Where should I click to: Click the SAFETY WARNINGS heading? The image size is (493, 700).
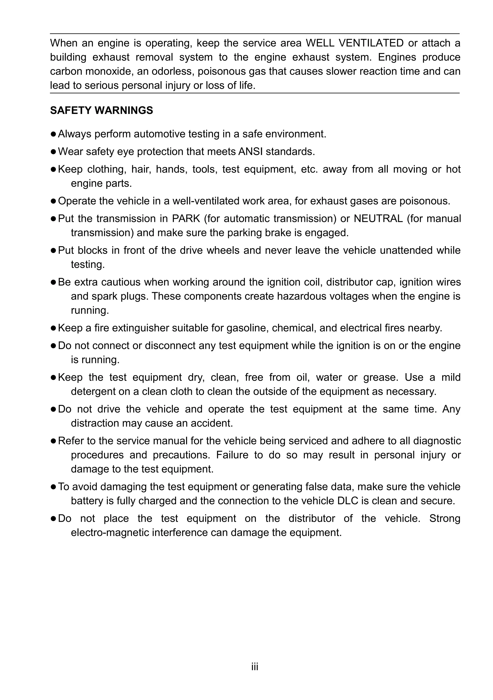(101, 110)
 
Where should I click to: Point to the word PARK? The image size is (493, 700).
(186, 218)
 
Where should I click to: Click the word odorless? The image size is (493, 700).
(172, 71)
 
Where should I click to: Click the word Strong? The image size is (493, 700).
(445, 519)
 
